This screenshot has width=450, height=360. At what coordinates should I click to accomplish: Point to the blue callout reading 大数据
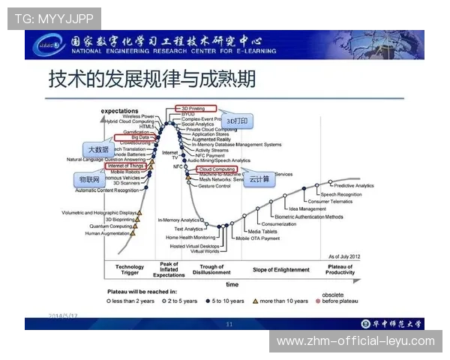(99, 149)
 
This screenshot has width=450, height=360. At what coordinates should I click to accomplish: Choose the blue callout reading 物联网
(90, 181)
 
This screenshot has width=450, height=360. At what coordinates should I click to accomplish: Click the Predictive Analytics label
(353, 185)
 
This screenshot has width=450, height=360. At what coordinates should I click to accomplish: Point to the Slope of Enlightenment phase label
(280, 269)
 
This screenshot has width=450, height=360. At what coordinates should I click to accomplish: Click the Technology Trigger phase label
(130, 270)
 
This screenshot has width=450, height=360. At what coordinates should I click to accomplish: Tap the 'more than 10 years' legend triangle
(255, 301)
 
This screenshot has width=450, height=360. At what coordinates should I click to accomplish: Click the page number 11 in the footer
(229, 324)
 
